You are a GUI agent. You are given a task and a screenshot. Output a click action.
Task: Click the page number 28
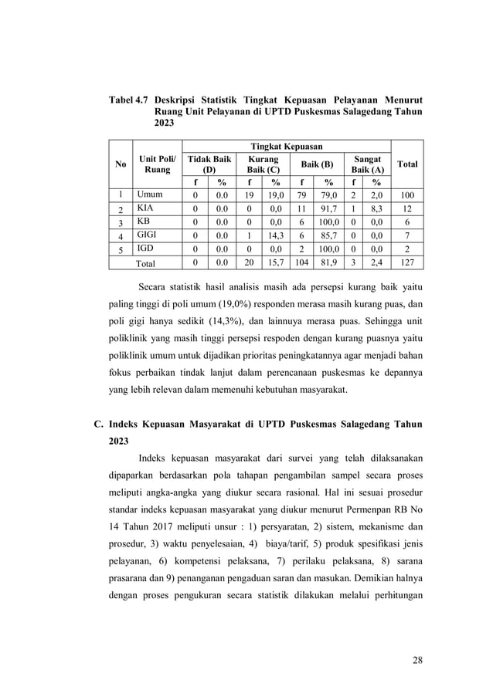point(417,660)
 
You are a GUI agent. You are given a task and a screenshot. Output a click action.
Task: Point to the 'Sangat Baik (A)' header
point(367,164)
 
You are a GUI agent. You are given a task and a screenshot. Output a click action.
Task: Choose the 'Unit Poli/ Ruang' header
point(157,164)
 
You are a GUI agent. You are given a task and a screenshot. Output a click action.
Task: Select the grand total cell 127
point(407,262)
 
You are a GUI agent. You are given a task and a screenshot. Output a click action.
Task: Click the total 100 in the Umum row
point(407,196)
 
